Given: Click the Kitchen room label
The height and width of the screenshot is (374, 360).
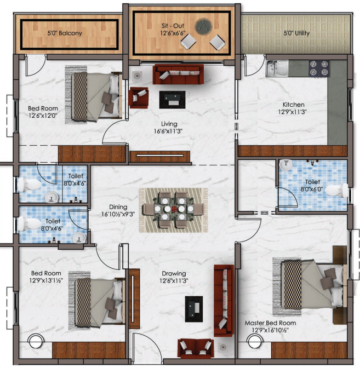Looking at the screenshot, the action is click(x=293, y=105).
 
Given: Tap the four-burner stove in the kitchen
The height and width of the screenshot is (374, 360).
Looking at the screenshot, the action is click(x=319, y=68).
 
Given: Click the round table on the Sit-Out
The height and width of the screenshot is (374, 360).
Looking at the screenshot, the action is click(x=203, y=26).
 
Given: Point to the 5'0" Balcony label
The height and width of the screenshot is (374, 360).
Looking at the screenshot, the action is click(x=65, y=33).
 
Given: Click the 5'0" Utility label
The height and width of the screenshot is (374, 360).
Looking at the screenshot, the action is click(x=296, y=33).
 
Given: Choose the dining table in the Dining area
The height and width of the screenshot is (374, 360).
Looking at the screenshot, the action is click(x=174, y=209).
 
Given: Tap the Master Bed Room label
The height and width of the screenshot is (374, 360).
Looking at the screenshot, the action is click(x=270, y=323).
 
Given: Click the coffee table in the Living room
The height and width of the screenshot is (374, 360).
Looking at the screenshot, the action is click(x=173, y=100).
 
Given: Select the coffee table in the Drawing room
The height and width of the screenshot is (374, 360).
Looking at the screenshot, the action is click(x=194, y=309).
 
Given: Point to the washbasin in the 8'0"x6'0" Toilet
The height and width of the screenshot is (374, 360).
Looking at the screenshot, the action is click(x=286, y=165).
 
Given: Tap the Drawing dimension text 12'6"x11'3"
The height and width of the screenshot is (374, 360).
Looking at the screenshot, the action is click(x=174, y=281).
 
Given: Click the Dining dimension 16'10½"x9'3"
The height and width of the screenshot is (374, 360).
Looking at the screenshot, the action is click(x=118, y=214).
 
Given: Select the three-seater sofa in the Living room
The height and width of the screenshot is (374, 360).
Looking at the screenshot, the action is click(x=178, y=74).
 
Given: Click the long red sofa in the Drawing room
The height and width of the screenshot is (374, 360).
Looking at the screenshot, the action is click(x=224, y=301).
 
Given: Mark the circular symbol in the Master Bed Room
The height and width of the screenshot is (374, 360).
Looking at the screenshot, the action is click(x=255, y=342).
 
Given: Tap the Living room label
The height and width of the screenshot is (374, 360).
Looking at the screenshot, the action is click(x=169, y=124).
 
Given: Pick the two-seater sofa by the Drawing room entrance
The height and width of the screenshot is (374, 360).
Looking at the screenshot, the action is click(x=196, y=348).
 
